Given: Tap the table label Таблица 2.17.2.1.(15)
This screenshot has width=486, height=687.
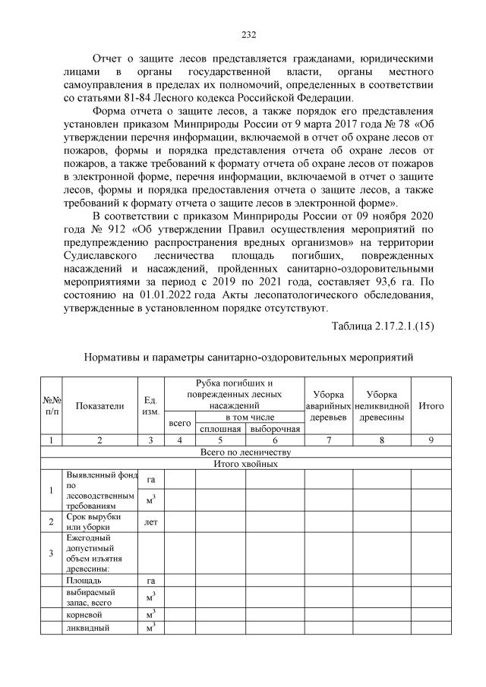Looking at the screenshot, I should [x=383, y=326].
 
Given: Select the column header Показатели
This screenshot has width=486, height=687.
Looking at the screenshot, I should [x=99, y=405].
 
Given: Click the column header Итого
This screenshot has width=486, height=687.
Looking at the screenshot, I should [x=432, y=405].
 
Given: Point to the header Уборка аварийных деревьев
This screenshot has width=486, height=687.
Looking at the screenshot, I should [x=328, y=406].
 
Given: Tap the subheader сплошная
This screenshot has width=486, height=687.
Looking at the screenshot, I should [x=220, y=429].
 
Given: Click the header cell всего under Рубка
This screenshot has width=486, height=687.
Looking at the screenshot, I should [x=179, y=423].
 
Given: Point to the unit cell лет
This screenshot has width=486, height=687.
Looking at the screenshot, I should [x=150, y=522].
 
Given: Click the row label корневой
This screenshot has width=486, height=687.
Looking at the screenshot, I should [x=84, y=613].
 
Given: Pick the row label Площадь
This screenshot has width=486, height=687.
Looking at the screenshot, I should [x=84, y=581].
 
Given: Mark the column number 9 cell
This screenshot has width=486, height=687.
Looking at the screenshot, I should [x=432, y=440].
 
